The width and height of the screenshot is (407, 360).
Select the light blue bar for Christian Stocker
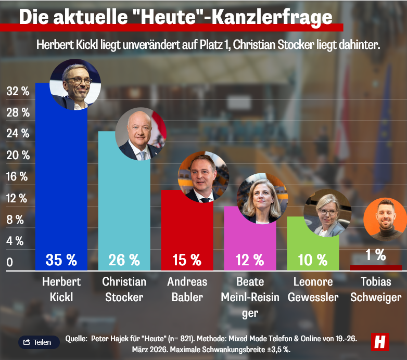pos(124,203)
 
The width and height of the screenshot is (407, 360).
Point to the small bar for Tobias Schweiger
pos(376,267)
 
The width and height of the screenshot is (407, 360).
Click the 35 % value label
pos(61,259)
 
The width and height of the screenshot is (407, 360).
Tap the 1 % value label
pos(376,255)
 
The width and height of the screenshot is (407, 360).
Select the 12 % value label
pos(250,259)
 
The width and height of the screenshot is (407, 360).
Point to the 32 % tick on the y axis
pos(17,92)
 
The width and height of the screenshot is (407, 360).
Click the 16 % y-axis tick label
pos(17,177)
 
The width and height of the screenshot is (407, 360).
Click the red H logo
pos(380,341)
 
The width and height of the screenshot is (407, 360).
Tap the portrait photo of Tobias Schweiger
pos(384,219)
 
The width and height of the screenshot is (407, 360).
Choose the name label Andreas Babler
pos(187,290)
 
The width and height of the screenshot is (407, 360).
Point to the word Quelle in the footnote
pos(76,339)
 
